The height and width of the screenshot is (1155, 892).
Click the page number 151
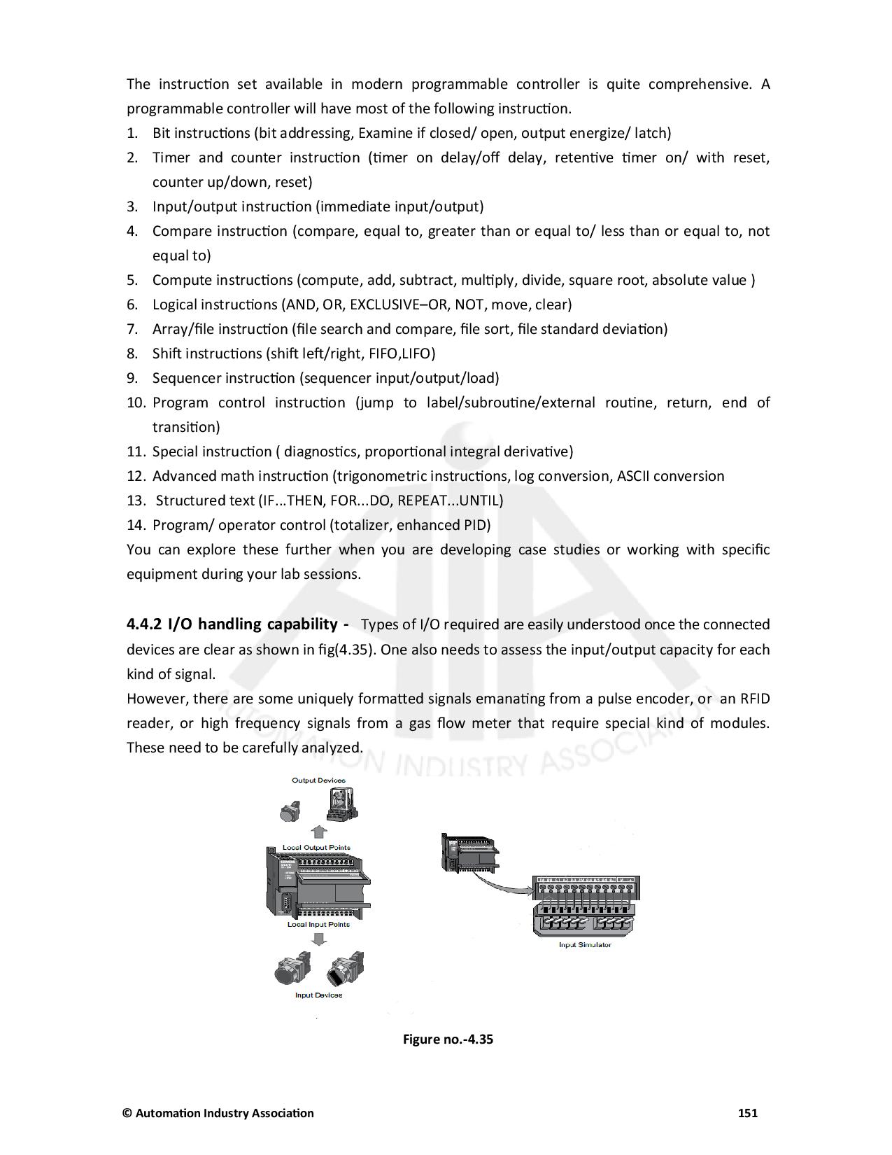coord(748,1113)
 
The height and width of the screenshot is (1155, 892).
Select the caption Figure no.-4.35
coord(448,1039)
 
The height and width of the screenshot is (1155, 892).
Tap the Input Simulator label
coord(585,945)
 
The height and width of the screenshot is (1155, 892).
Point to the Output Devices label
coord(318,780)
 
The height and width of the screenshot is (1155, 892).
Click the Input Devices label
coord(318,995)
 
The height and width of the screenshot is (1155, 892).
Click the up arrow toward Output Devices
coord(319,832)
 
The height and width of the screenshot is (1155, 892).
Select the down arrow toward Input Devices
coord(319,939)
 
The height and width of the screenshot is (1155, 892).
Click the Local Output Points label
coord(316,847)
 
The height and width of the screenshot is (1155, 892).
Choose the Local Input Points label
coord(318,924)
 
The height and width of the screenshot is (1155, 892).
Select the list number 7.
coord(132,329)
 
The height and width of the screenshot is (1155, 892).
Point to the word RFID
coord(754,698)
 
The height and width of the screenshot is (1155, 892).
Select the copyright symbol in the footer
coord(127,1113)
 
